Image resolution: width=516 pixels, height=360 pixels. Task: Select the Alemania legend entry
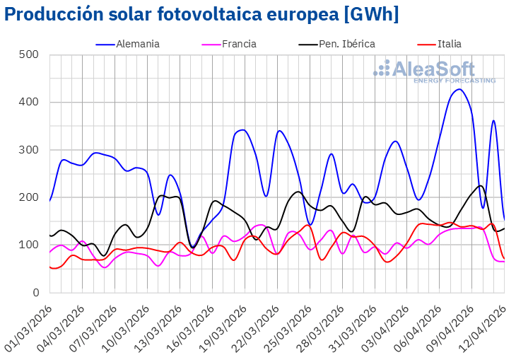coord(137,44)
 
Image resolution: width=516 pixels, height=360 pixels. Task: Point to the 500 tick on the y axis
coord(30,54)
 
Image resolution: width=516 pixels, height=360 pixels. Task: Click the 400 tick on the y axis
coord(30,102)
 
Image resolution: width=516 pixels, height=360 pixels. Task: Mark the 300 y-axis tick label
coord(30,150)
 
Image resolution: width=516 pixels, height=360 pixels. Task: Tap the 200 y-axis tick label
coord(30,197)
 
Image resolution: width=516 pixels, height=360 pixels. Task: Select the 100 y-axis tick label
coord(30,245)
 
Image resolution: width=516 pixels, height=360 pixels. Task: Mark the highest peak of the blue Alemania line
coord(459,89)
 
